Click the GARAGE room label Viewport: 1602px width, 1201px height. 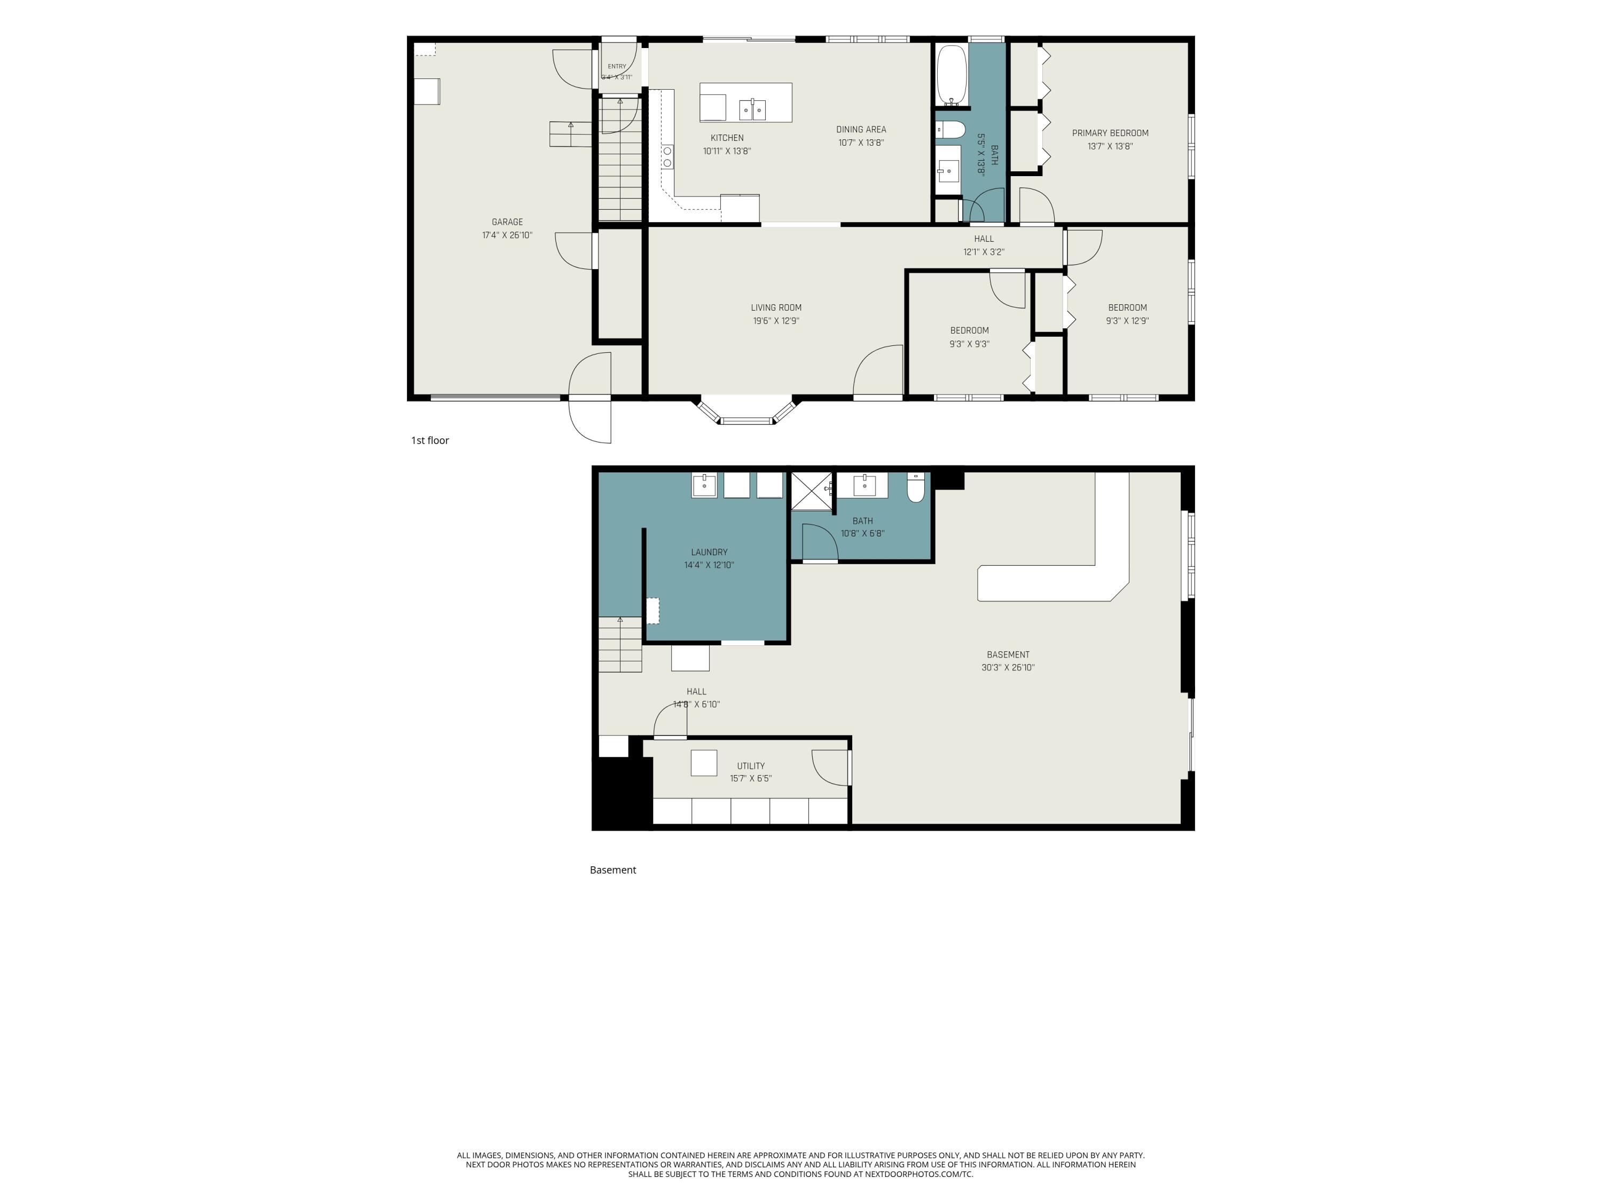(507, 222)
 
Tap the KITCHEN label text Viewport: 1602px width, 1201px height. (727, 138)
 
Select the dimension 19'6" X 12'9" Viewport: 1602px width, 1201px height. (776, 321)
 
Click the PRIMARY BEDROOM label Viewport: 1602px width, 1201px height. (1110, 133)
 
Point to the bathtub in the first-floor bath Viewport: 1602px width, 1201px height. (952, 75)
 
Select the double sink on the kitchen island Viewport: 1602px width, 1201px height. (752, 109)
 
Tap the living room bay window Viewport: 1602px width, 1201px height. (747, 410)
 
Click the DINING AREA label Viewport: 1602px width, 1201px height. (861, 130)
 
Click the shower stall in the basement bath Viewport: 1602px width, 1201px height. (811, 492)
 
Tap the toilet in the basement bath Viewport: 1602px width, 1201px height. (916, 488)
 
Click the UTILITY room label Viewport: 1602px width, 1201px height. (751, 766)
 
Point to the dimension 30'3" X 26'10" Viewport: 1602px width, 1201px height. (1008, 667)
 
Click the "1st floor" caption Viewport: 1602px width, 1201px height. (430, 440)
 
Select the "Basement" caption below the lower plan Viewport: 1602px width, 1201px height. (612, 870)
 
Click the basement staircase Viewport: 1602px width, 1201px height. (620, 644)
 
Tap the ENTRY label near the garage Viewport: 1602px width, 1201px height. (617, 67)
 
